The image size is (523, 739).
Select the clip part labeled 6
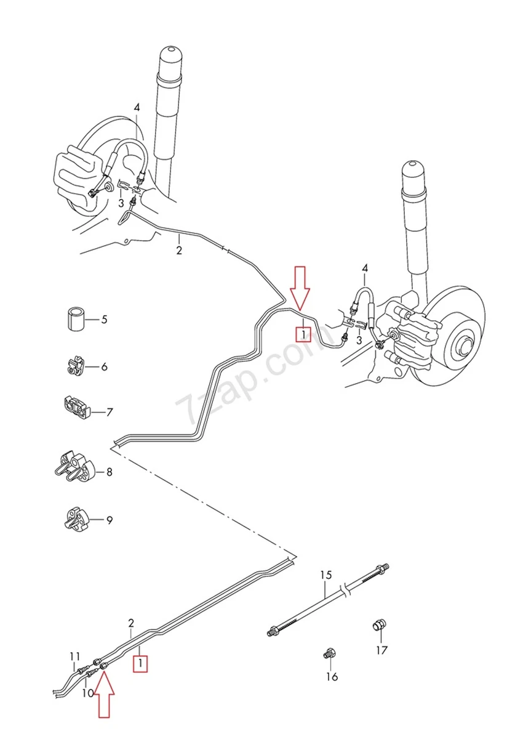point(74,366)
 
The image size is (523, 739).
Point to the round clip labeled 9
point(74,519)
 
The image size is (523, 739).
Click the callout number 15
point(325,575)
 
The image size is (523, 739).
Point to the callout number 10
point(87,693)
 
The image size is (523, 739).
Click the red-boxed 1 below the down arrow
point(302,334)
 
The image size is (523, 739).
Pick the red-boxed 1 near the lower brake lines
point(142,664)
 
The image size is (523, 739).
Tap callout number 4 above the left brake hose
point(137,107)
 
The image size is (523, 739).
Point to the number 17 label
point(383,650)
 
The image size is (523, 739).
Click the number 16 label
point(332,677)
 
